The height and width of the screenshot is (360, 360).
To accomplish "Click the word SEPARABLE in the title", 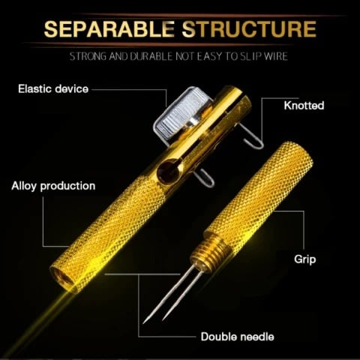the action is click(109, 29).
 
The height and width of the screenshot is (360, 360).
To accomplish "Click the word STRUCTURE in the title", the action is click(249, 29).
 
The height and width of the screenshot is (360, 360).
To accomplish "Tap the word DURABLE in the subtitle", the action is click(151, 56).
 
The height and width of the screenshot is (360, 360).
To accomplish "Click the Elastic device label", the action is click(53, 89).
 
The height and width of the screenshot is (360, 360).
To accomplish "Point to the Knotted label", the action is click(304, 106).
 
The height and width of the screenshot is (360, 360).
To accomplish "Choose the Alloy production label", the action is click(53, 186).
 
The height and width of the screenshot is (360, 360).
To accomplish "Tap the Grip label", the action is click(305, 259).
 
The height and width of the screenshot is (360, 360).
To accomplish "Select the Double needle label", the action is click(238, 337).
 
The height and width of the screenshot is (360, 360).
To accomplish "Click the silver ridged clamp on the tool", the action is click(180, 114).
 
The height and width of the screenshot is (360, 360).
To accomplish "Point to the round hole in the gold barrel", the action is click(168, 171).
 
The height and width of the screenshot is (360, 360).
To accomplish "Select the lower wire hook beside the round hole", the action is click(206, 178).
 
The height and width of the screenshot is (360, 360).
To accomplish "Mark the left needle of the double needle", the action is click(168, 295).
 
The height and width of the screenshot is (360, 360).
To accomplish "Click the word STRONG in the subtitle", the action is click(88, 56).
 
